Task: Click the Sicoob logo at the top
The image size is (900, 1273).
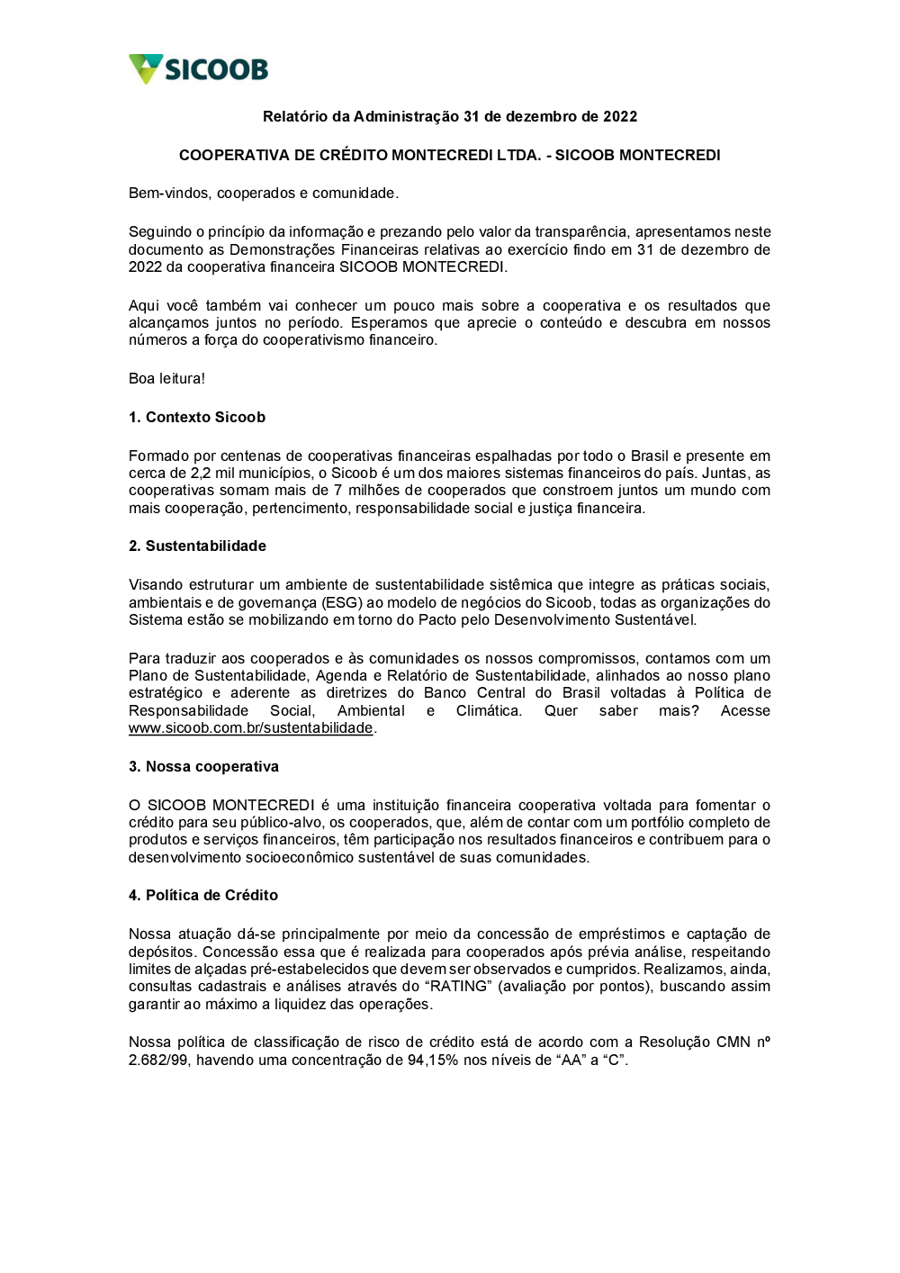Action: point(198,69)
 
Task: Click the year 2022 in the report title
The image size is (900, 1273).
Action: point(620,116)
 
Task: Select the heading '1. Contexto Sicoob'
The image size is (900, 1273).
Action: point(197,417)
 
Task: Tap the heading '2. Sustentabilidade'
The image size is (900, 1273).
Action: point(197,546)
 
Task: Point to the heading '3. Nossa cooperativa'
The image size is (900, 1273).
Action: point(203,766)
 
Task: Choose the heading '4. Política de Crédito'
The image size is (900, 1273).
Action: point(203,895)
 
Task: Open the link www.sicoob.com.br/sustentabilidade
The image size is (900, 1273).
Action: point(250,727)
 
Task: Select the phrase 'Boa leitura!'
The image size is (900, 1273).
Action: point(166,378)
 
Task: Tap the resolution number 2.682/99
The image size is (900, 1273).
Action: point(158,1060)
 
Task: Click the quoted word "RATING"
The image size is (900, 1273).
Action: point(458,986)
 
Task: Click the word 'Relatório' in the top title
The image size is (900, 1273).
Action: point(295,116)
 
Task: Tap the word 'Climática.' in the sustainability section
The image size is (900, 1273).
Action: point(489,710)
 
